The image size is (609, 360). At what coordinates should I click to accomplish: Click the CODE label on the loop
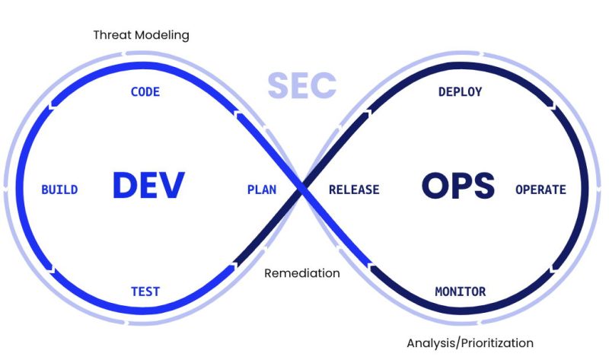pos(145,92)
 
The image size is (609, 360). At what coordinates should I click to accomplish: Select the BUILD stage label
pos(59,190)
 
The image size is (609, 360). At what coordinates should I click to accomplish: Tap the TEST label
pos(145,292)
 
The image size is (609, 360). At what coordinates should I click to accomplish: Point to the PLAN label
pos(262,190)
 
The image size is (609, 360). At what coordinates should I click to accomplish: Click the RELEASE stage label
pos(354,190)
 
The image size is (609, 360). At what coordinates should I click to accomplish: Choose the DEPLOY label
pos(460,92)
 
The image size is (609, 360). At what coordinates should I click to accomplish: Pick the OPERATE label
pos(540,190)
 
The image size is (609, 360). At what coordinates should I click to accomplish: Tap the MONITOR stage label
pos(460,292)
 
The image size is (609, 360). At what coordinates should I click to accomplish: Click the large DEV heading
pos(149,186)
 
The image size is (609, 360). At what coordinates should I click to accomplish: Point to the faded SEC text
pos(301,86)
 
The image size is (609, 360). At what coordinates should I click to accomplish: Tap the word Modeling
pos(161,35)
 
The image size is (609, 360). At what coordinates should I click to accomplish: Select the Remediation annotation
pos(302,273)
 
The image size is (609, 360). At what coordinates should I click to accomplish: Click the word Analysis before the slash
pos(430,342)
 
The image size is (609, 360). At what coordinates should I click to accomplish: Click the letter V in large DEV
pos(173,186)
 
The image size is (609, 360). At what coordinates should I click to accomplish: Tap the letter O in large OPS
pos(433,186)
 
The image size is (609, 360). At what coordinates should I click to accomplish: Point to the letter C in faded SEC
pos(323,86)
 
